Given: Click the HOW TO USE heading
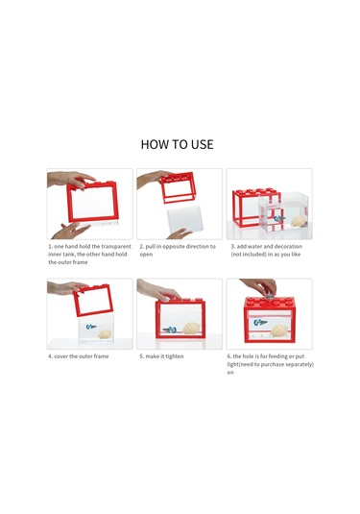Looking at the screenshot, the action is (x=177, y=144).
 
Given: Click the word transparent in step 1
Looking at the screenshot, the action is (x=116, y=246).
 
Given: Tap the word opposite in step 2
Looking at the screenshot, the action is (x=175, y=247).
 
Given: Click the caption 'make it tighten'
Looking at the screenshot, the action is (x=164, y=356).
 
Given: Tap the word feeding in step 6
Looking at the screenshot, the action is (x=278, y=356).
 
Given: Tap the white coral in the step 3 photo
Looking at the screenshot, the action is (x=299, y=221).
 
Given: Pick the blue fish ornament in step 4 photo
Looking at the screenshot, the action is (x=91, y=327).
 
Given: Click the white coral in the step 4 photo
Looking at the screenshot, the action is (x=105, y=334).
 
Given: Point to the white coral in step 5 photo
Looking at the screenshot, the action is (x=191, y=328).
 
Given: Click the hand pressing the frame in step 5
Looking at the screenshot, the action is (x=157, y=289).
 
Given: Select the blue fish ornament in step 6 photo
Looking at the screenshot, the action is (x=260, y=323).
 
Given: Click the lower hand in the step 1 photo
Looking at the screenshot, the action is (x=70, y=231).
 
